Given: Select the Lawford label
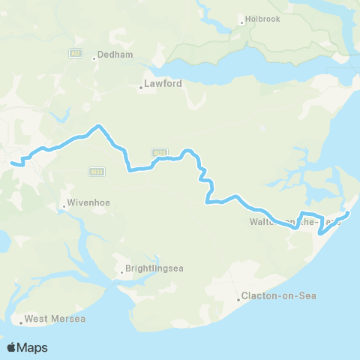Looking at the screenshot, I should point(163,85).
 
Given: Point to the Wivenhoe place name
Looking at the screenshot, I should point(88,202).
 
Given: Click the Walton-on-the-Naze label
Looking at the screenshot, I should point(295,222).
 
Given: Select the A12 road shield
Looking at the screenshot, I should point(75,53).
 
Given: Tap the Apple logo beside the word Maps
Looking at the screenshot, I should point(12,347).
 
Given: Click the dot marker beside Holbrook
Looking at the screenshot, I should point(241,22).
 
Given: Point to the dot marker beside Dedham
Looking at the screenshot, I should point(92,56).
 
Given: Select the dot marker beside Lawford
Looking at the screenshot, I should point(141,88).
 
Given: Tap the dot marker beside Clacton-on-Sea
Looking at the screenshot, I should point(238,299).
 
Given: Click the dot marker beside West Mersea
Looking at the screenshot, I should point(20,323).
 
